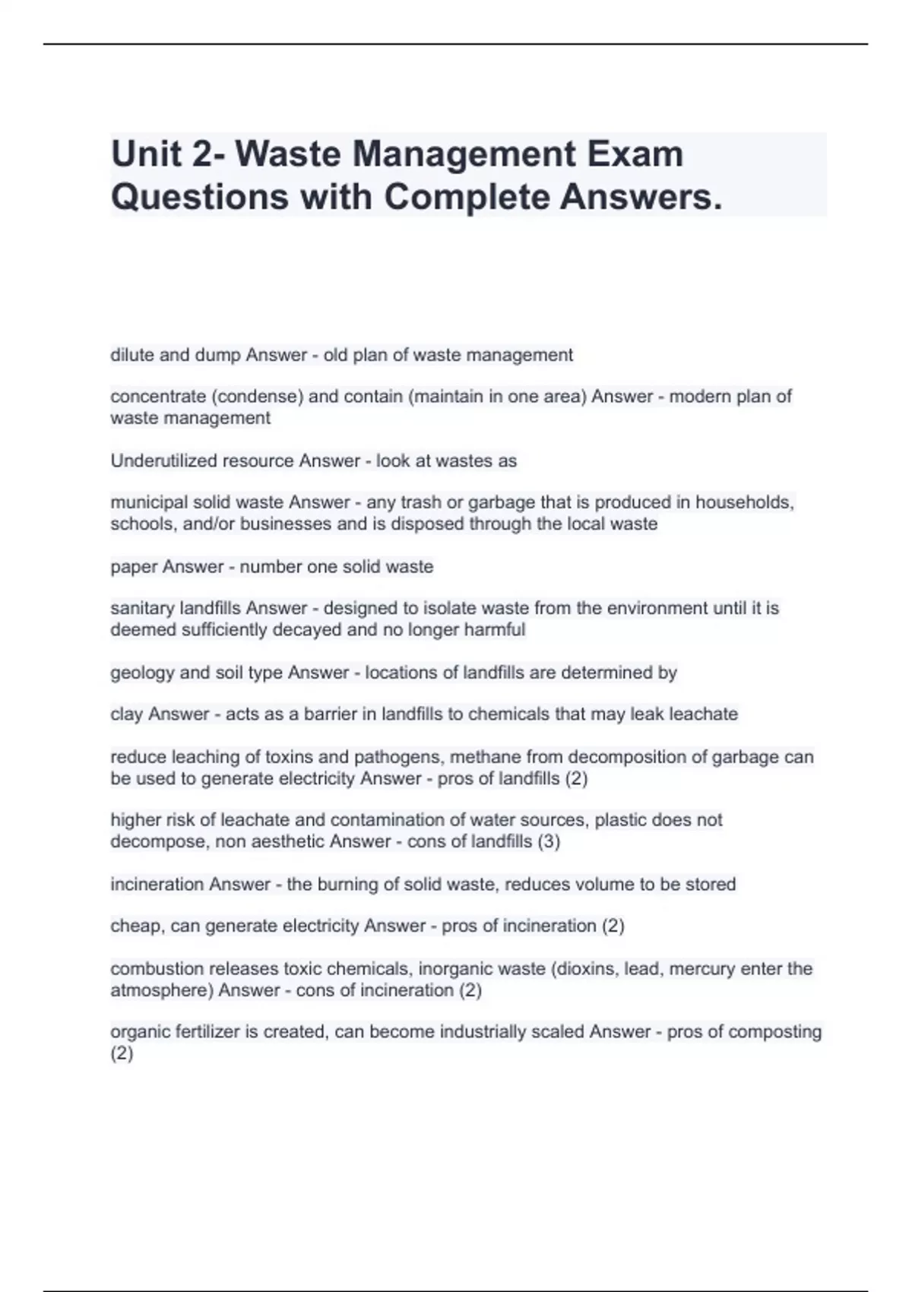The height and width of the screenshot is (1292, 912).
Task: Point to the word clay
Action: coord(127,714)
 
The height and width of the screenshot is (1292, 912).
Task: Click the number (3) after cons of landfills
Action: coord(549,841)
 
